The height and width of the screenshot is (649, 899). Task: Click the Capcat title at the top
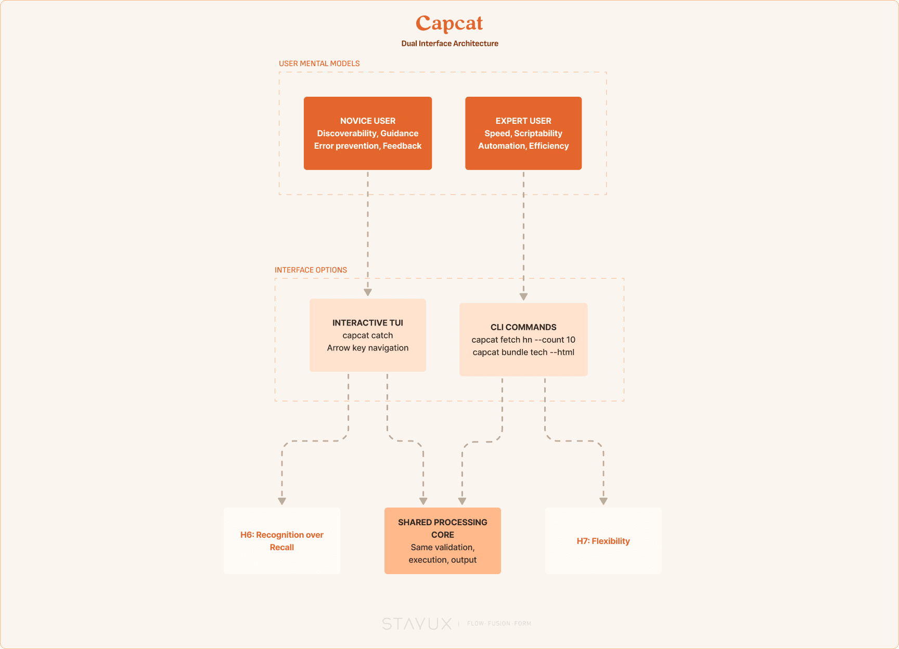pyautogui.click(x=449, y=24)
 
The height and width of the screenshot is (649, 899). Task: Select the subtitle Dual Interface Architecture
pyautogui.click(x=449, y=44)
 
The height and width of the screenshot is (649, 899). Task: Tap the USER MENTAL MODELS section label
pyautogui.click(x=319, y=63)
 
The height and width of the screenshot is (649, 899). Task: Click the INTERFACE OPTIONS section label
pyautogui.click(x=311, y=270)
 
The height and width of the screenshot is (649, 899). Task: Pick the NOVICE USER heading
pyautogui.click(x=368, y=121)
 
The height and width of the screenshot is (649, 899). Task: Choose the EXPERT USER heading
pyautogui.click(x=523, y=121)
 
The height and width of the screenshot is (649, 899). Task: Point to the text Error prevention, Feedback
pyautogui.click(x=368, y=146)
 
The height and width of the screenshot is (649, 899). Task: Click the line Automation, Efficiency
pyautogui.click(x=523, y=146)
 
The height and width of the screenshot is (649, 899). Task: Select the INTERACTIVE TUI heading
pyautogui.click(x=368, y=323)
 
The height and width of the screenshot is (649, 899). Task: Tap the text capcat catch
pyautogui.click(x=368, y=335)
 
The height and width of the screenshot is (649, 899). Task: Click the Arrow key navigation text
pyautogui.click(x=368, y=348)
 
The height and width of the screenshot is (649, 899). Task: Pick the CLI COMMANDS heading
pyautogui.click(x=523, y=327)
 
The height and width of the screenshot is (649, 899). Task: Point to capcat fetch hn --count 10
pyautogui.click(x=523, y=340)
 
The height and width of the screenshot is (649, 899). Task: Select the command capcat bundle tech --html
pyautogui.click(x=523, y=352)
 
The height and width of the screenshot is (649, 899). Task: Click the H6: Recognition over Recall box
pyautogui.click(x=282, y=541)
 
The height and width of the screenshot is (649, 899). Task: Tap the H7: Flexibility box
pyautogui.click(x=603, y=541)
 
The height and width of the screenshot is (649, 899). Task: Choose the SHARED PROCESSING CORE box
pyautogui.click(x=443, y=541)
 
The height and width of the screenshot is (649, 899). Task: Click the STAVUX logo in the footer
pyautogui.click(x=417, y=624)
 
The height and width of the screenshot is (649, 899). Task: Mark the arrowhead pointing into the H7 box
pyautogui.click(x=603, y=501)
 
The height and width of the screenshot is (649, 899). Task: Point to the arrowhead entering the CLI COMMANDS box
pyautogui.click(x=523, y=297)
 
